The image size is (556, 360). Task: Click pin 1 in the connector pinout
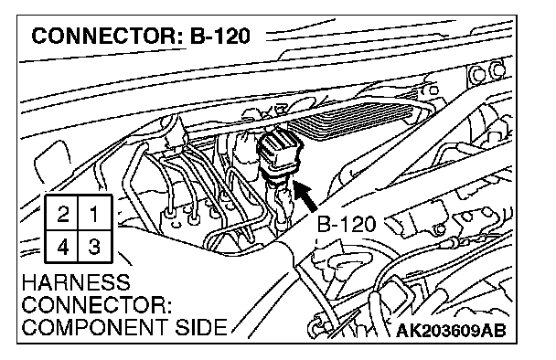point(94,214)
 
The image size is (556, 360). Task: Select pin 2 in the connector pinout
point(63,214)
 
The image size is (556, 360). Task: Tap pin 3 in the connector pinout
point(94,247)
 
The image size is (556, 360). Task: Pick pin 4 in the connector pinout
point(63,247)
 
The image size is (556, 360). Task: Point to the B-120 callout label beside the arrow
point(346,224)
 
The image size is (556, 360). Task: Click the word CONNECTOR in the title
point(105,36)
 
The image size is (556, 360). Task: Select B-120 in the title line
point(220,36)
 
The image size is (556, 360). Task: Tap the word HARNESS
point(76,282)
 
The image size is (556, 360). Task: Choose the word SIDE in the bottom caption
point(201,327)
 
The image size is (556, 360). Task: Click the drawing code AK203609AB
point(451,331)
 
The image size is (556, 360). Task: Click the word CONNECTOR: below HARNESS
point(97,305)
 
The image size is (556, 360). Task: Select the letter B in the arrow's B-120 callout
point(324,224)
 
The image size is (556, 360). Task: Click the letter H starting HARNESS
point(29,282)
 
